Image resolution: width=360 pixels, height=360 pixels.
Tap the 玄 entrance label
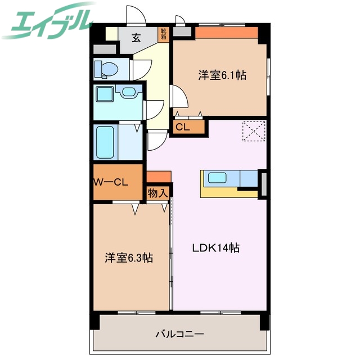point(137,38)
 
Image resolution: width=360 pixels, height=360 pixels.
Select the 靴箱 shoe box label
point(163,35)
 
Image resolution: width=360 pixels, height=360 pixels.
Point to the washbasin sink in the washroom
point(129,92)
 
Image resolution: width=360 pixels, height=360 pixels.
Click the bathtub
point(106,142)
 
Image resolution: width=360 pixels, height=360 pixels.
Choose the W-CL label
point(111,182)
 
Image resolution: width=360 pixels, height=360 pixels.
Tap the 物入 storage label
point(157,193)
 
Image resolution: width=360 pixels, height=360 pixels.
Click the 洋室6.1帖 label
point(222,75)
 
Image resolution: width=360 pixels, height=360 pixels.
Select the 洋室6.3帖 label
point(129,258)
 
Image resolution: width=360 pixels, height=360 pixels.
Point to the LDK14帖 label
point(217,247)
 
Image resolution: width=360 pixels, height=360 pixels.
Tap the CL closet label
point(182,127)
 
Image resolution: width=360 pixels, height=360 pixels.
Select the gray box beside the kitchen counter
point(262,183)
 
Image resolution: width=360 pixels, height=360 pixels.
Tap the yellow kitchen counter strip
point(225,192)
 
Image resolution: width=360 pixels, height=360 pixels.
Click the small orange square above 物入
point(159,178)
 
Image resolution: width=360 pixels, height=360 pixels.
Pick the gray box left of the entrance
point(105,49)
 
